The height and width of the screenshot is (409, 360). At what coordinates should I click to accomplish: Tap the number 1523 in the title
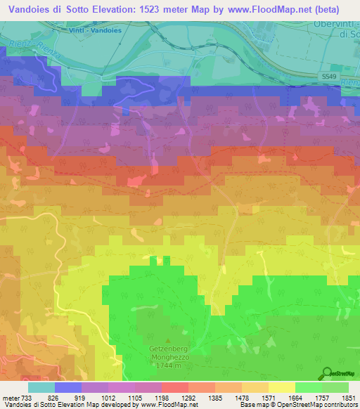[x=161, y=10]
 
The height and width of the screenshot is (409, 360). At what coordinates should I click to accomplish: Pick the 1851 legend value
[x=349, y=397]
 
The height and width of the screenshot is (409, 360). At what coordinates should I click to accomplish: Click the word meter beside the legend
[x=10, y=397]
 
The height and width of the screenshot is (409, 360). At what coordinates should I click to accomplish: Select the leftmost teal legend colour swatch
[x=41, y=387]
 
